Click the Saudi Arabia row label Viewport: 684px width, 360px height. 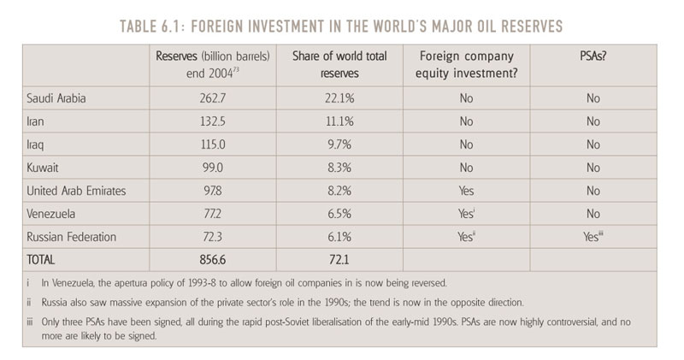[x=56, y=98]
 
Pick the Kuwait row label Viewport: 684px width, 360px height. [x=44, y=168]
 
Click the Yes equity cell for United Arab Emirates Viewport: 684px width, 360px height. [x=466, y=191]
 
